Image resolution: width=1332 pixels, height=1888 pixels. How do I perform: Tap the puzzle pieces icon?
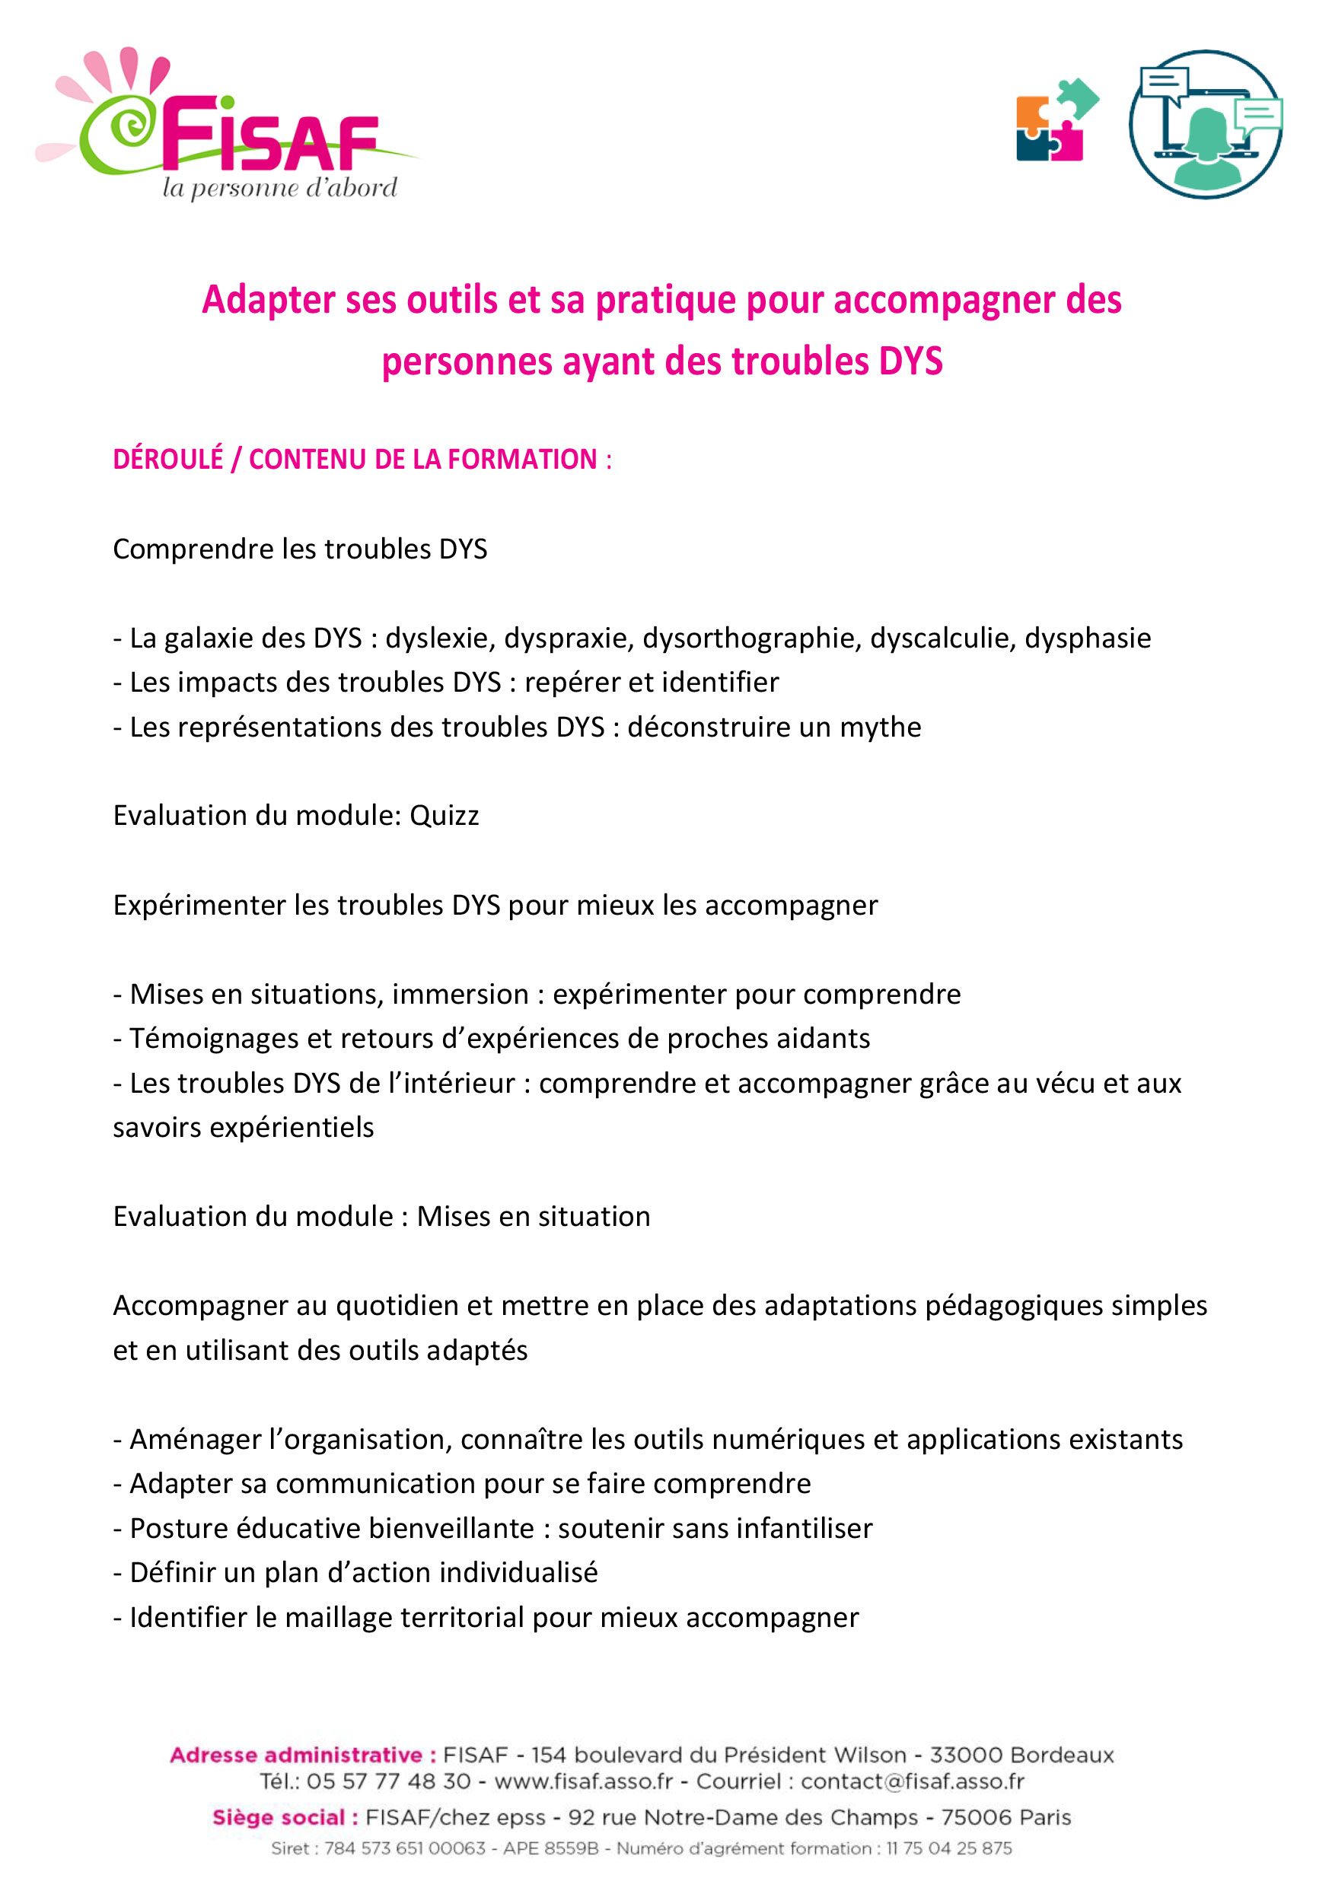pos(1056,120)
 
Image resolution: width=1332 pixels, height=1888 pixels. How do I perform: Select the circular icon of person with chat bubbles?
pos(1206,124)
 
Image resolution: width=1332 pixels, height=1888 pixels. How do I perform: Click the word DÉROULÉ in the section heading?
pos(167,459)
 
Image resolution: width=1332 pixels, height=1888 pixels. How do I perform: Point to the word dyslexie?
pos(440,638)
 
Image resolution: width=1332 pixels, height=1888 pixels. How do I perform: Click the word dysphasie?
pos(1087,638)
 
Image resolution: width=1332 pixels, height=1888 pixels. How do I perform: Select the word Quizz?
pos(444,816)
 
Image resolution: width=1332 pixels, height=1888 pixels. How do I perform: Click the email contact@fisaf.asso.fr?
pos(912,1782)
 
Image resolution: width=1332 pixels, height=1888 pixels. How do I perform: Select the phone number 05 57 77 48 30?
pos(388,1782)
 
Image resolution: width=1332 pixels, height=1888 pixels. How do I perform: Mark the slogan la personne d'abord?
pos(279,188)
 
